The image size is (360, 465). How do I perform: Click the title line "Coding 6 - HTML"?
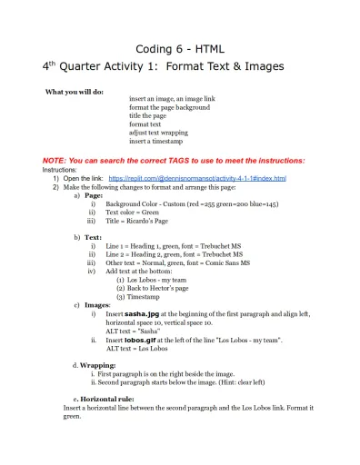(179, 48)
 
